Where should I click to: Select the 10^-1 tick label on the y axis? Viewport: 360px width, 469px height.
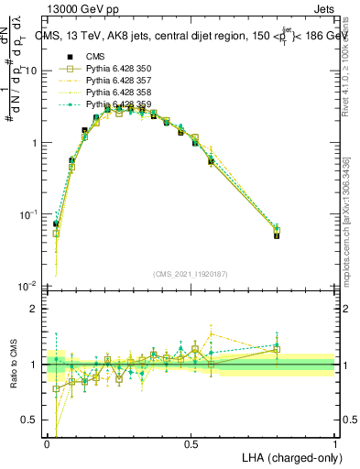(x=29, y=214)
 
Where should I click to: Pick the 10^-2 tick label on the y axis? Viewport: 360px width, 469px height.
(x=29, y=286)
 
